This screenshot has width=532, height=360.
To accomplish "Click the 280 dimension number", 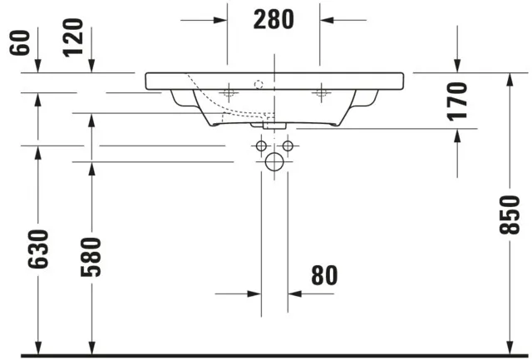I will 273,18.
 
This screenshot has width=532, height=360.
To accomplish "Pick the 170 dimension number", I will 458,100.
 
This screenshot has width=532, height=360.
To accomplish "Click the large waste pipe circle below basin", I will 273,164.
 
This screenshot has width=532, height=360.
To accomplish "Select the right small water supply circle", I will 288,147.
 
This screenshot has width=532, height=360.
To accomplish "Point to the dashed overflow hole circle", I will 258,83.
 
